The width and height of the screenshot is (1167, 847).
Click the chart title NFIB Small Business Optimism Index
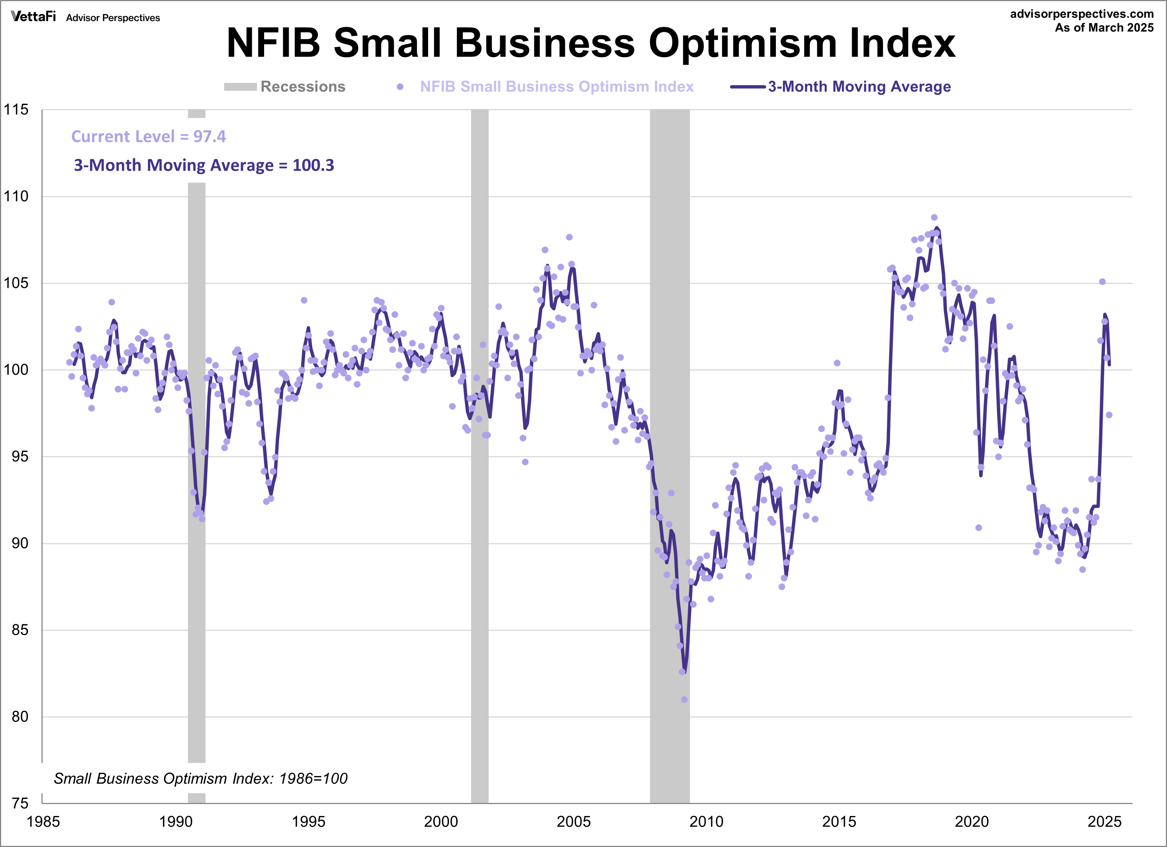[x=591, y=43]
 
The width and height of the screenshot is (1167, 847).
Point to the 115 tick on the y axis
[x=16, y=109]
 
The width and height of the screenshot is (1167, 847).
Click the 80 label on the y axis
[x=19, y=716]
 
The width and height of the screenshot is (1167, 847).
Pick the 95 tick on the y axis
[x=19, y=456]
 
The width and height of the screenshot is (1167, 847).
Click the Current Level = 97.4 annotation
[x=148, y=136]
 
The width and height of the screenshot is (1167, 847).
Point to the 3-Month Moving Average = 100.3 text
[x=204, y=165]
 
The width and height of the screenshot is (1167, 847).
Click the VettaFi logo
[x=34, y=16]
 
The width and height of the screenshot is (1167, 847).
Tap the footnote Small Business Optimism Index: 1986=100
[x=201, y=779]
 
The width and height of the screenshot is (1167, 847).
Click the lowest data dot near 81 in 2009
[x=684, y=699]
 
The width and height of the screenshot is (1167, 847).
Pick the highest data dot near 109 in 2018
[x=934, y=217]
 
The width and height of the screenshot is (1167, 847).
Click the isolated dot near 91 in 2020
[x=979, y=528]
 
